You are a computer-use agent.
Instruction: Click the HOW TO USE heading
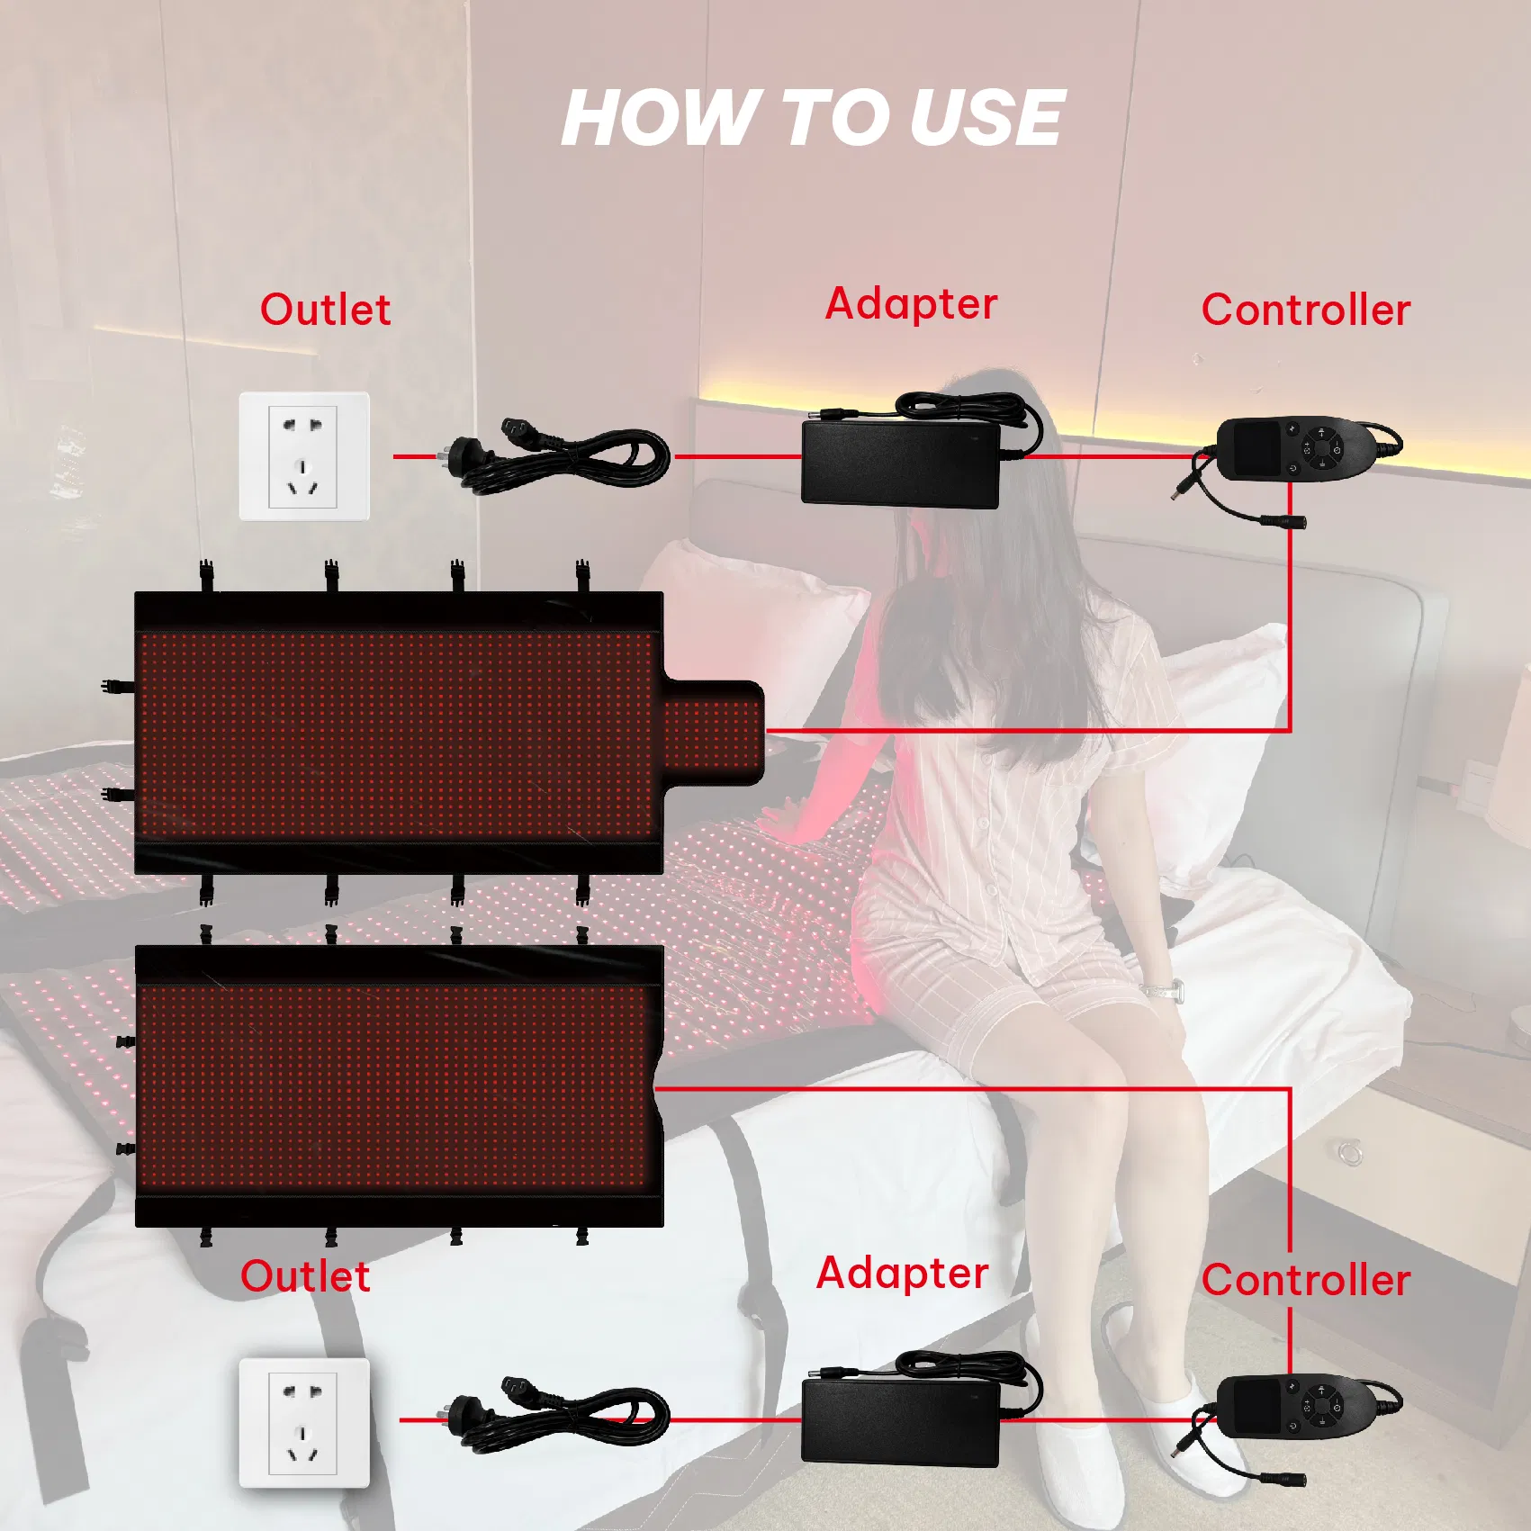813,117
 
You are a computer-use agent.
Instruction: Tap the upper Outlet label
326,310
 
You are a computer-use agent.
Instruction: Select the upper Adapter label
911,303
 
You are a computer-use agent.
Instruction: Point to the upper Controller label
1306,310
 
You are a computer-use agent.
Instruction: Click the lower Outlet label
305,1276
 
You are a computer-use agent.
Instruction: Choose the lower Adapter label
902,1273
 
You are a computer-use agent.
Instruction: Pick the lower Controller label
1306,1280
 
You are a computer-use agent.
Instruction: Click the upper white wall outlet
304,456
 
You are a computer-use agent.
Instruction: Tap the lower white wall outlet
304,1423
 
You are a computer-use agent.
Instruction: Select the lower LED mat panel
400,1086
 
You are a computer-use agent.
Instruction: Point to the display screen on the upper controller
1256,448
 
